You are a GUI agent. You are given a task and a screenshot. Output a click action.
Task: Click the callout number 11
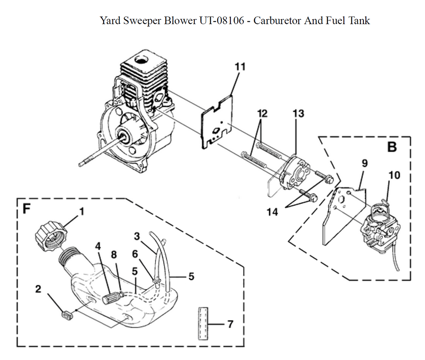(x=240, y=67)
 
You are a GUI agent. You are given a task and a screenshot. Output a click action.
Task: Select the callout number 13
(x=298, y=113)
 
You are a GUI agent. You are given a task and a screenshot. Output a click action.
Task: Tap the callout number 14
(x=272, y=211)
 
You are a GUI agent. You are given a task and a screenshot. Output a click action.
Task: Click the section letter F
(x=26, y=210)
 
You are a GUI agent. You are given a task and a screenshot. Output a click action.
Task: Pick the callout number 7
(x=230, y=324)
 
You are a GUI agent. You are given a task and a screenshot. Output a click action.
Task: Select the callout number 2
(x=38, y=289)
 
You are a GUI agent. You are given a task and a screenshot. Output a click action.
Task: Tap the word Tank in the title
(x=359, y=20)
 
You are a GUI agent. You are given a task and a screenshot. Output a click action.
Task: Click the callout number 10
(x=394, y=175)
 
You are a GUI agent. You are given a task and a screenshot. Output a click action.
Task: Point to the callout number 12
(x=262, y=114)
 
